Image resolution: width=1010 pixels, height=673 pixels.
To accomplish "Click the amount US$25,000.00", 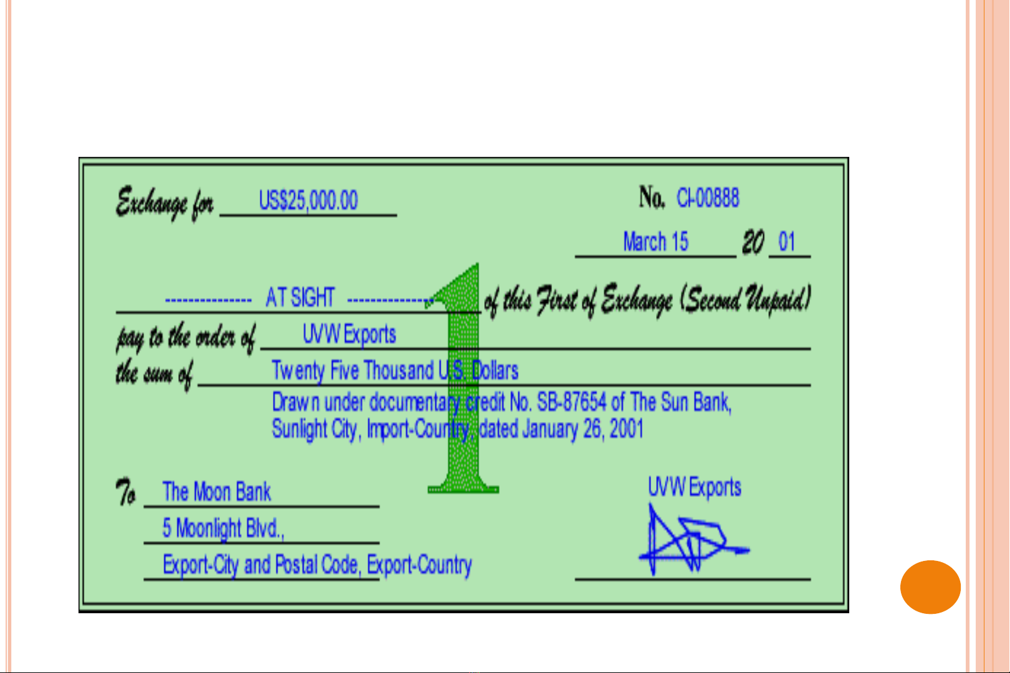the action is tap(308, 200).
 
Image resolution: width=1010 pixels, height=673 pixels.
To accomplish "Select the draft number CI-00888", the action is tap(708, 198).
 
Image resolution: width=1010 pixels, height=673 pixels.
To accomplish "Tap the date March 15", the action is tap(655, 242).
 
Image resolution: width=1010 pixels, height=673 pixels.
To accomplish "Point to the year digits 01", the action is tap(787, 242).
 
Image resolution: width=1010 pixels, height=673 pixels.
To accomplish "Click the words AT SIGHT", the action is tap(300, 298).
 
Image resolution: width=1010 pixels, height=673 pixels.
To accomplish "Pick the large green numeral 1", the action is tap(462, 379).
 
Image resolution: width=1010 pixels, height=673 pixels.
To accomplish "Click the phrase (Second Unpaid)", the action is tap(746, 299).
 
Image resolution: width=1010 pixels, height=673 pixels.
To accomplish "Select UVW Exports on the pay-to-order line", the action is tap(349, 334).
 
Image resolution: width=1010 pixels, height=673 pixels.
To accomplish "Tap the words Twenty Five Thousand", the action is tap(353, 370).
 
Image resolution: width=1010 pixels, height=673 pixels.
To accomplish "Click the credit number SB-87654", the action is tap(572, 402).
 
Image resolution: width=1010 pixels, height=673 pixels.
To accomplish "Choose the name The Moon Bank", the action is tap(216, 491).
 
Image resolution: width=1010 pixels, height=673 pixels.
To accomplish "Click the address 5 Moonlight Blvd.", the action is tap(223, 528).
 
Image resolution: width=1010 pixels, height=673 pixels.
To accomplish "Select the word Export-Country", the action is tap(419, 565).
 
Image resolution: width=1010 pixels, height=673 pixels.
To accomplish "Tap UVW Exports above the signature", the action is tap(694, 487).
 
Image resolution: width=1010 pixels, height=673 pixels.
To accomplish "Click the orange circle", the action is tap(931, 587).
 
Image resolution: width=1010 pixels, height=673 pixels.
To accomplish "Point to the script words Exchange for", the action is tap(164, 203).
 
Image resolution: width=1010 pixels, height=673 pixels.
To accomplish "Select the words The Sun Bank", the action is tap(680, 402).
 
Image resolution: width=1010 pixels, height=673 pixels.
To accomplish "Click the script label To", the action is tap(125, 492).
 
